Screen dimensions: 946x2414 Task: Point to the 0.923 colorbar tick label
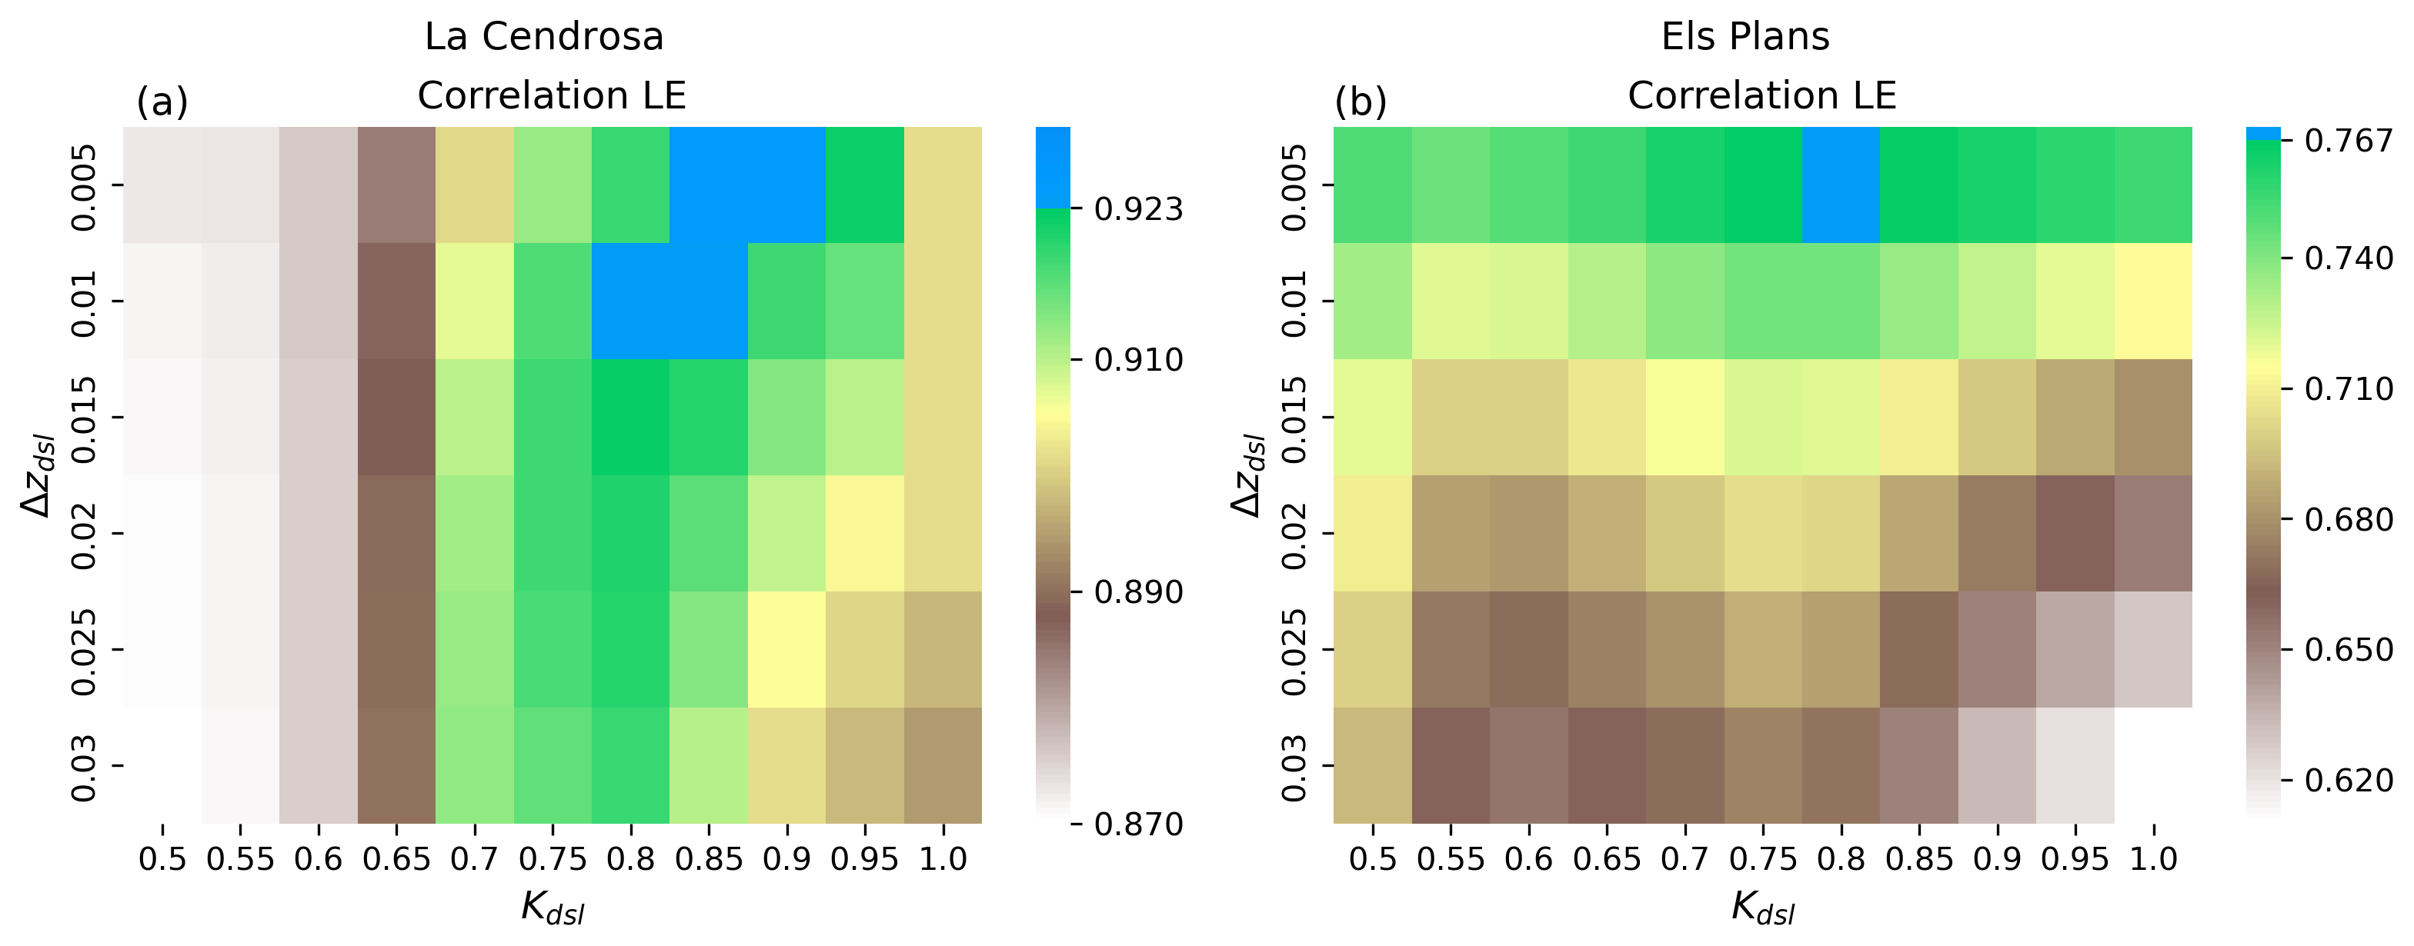(x=1139, y=209)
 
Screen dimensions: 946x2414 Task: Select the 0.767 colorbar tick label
(x=2349, y=142)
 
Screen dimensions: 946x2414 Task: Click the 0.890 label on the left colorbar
(x=1139, y=592)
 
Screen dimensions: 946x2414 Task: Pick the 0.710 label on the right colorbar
(x=2349, y=388)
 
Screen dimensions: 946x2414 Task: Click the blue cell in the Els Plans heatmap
(x=1841, y=185)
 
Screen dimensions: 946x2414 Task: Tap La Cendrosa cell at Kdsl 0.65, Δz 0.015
(x=396, y=417)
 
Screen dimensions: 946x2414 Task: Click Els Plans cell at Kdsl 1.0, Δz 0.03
(x=2152, y=765)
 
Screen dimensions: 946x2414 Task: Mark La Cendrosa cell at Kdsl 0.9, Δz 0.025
(x=786, y=649)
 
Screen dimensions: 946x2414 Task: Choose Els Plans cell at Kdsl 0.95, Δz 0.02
(x=2075, y=533)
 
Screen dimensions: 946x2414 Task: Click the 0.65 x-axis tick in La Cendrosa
(x=396, y=859)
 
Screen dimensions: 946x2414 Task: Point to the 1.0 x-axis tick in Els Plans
(x=2152, y=859)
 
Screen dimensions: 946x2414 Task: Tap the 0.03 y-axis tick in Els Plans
(x=1294, y=767)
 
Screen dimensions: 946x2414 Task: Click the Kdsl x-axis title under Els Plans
(x=1761, y=908)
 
